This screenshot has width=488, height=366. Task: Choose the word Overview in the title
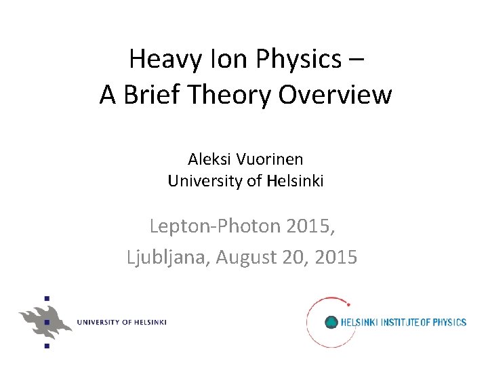click(340, 96)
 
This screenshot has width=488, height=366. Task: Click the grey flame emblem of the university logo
click(45, 319)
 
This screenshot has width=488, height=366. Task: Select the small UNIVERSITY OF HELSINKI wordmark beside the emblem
click(121, 322)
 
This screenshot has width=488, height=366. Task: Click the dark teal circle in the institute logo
click(331, 322)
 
